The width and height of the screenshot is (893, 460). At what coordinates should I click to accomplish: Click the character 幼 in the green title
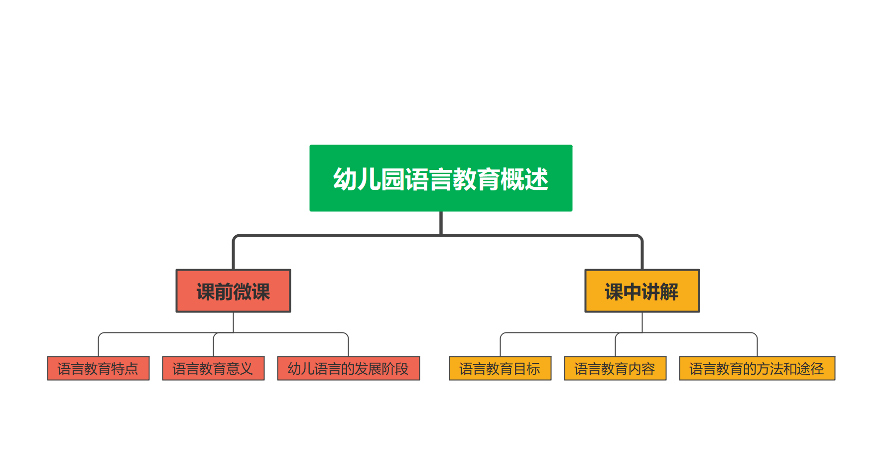[x=345, y=179]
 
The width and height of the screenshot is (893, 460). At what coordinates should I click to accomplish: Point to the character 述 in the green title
[x=537, y=179]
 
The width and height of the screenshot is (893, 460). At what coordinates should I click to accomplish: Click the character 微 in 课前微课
[x=243, y=292]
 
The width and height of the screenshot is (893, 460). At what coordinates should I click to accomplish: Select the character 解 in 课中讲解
[x=669, y=292]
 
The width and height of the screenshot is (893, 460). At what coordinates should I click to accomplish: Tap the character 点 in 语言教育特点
[x=131, y=369]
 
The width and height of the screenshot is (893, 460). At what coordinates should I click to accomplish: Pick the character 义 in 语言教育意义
[x=247, y=369]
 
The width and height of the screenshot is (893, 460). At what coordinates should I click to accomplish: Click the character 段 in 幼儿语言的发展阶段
[x=402, y=369]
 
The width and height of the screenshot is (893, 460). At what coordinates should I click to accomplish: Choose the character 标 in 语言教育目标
[x=533, y=369]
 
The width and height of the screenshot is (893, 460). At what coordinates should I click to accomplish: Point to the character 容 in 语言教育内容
[x=648, y=369]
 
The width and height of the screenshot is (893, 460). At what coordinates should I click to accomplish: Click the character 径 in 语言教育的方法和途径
[x=817, y=369]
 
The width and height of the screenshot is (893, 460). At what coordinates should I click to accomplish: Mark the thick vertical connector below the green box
[x=441, y=223]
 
